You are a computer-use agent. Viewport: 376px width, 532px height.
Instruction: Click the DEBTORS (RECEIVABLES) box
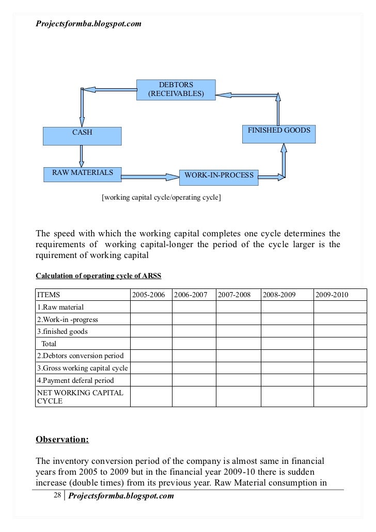176,89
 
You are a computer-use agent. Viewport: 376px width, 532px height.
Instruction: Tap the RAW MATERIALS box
82,173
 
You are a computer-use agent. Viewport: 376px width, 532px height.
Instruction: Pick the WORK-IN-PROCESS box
219,176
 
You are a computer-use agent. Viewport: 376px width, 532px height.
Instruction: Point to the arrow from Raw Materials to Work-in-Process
150,177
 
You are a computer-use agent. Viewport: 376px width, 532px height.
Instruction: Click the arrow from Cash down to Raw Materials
82,155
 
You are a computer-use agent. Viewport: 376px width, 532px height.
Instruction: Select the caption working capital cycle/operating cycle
162,197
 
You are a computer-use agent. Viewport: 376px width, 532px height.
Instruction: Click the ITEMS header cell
49,295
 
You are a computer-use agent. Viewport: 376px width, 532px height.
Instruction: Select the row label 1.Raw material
61,307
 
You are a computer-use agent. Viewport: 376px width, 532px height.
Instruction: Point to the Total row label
50,344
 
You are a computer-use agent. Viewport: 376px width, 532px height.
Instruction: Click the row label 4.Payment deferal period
75,380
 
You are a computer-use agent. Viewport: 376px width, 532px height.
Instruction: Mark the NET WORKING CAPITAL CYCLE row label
80,397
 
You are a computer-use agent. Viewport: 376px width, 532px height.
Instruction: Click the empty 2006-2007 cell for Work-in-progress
193,319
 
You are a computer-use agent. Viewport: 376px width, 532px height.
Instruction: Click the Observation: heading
62,440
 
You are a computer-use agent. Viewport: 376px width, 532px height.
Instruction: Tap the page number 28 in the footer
57,496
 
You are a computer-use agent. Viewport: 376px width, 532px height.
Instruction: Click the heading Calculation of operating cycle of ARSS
99,276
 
